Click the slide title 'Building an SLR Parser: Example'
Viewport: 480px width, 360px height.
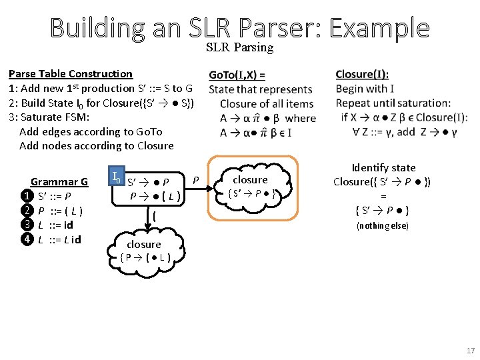coord(239,27)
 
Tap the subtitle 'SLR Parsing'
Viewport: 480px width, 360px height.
coord(239,47)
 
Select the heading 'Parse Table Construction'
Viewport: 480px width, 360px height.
coord(71,74)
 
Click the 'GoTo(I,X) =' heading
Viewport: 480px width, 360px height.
coord(237,75)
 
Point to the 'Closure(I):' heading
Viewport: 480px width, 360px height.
coord(362,75)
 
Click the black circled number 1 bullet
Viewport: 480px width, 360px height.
coord(26,196)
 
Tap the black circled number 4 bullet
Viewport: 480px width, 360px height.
coord(26,239)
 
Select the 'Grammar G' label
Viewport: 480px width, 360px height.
coord(59,181)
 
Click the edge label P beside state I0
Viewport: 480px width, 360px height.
coord(196,179)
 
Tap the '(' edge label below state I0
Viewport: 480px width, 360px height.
coord(154,216)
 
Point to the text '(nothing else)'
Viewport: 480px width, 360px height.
coord(383,226)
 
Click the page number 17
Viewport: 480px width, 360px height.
coord(471,351)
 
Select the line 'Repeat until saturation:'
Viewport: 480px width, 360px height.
coord(393,103)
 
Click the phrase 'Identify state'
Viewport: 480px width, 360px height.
coord(383,168)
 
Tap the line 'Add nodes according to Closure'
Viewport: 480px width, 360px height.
coord(97,146)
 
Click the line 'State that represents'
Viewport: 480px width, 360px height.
coord(260,89)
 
